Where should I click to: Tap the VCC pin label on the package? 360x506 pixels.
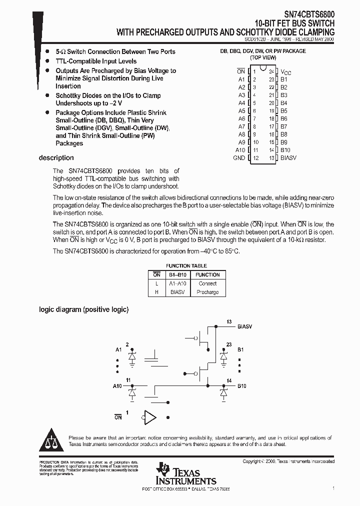click(286, 72)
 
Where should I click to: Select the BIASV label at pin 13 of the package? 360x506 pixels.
click(288, 158)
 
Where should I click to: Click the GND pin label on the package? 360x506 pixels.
click(239, 158)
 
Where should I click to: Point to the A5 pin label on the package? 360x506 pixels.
click(241, 110)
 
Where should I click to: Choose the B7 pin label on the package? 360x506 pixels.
click(283, 126)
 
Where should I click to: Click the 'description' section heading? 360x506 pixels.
click(56, 158)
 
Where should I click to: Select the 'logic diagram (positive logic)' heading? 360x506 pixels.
click(83, 309)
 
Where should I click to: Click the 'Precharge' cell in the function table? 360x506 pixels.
click(207, 292)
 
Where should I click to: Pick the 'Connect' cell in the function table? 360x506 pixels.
click(207, 283)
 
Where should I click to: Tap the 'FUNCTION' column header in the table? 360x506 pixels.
click(207, 274)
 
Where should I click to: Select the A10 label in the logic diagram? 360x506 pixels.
click(117, 386)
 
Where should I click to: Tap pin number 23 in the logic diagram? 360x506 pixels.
click(228, 344)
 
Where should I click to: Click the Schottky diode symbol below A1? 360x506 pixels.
click(132, 357)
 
